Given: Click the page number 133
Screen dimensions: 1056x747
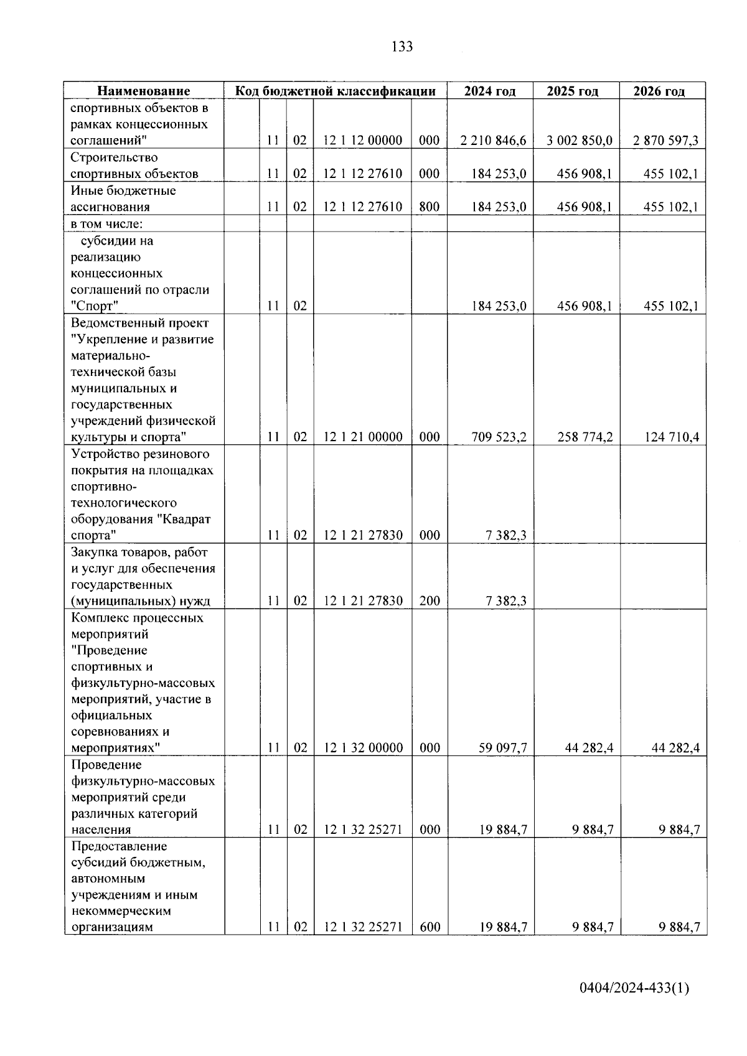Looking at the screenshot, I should coord(402,47).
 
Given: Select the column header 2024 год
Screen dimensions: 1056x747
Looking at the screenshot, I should coord(490,91).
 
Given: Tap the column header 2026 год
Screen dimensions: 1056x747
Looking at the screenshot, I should coord(659,91).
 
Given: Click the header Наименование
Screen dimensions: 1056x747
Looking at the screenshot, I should coord(144,91).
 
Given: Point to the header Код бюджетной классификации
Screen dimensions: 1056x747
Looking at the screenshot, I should coord(335,91).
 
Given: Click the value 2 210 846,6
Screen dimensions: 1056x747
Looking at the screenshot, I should coord(493,141).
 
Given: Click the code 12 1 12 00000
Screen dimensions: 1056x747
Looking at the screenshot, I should coord(363,141).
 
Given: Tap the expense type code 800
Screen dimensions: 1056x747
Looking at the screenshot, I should coord(430,207).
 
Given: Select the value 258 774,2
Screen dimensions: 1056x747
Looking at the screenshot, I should coord(585,437).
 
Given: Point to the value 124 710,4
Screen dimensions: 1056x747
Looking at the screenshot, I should coord(671,437).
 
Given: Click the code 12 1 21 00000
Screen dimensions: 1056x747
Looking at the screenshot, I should coord(363,437).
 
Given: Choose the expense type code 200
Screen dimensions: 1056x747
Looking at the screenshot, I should coord(430,601).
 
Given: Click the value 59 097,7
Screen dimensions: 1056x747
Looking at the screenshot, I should coord(502,748).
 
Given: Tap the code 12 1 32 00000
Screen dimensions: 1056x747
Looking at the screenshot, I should coord(363,748).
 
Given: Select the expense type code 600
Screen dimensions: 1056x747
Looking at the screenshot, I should coord(430,927).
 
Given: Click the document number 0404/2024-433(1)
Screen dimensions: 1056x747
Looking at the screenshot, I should coord(634,988).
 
